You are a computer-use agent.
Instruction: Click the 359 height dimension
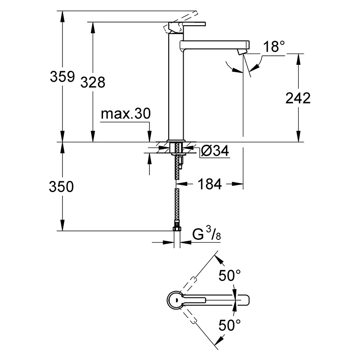tap(63, 76)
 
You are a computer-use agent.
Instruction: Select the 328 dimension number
tap(93, 82)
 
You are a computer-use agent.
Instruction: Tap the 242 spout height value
tap(298, 98)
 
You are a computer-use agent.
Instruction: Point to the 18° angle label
tap(274, 47)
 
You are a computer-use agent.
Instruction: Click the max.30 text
tap(126, 113)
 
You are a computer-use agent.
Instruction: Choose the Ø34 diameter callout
tap(215, 151)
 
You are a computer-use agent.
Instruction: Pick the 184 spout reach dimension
tap(210, 184)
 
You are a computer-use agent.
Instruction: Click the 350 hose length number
tap(61, 186)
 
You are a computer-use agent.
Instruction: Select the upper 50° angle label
tap(229, 275)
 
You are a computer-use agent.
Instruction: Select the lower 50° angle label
tap(229, 325)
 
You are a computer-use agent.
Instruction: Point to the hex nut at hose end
tap(177, 229)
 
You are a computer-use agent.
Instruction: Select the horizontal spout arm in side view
tap(215, 45)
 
